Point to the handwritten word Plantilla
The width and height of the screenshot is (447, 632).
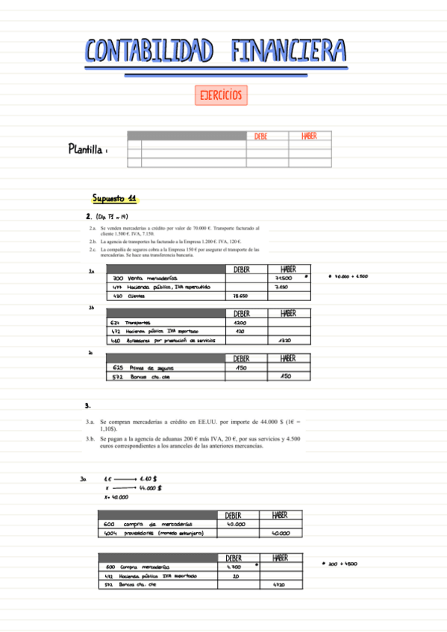87,149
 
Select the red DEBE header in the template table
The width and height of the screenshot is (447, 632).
260,136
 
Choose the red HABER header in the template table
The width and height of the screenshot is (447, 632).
309,136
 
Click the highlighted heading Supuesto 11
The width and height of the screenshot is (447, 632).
114,199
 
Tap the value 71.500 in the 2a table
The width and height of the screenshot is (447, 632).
283,278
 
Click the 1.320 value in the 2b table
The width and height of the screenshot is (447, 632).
284,340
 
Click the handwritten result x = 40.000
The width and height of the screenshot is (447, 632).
116,497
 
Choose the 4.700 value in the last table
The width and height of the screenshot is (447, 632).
234,566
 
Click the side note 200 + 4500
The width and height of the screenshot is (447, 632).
343,564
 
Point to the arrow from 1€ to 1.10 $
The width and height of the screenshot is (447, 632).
126,479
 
